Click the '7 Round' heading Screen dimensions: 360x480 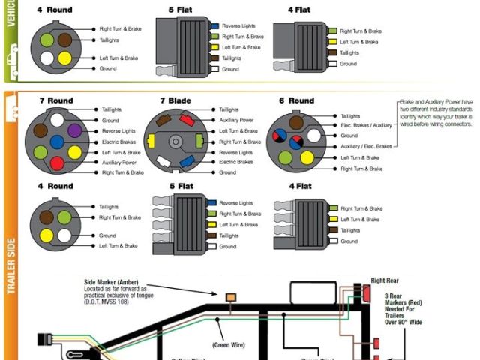click(56, 100)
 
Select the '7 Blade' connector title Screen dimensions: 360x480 click(175, 100)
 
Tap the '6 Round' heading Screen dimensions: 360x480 click(297, 100)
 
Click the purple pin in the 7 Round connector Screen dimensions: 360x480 click(74, 130)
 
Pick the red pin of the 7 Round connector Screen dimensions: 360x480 click(56, 163)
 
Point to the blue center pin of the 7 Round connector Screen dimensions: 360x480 click(56, 141)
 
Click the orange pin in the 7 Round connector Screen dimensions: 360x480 click(38, 152)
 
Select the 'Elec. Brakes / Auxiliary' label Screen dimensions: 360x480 click(366, 126)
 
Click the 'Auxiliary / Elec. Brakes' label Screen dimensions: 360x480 click(366, 146)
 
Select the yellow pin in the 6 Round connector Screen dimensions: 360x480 click(307, 157)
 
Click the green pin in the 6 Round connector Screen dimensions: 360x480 click(286, 157)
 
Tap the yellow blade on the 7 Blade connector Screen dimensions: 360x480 click(152, 140)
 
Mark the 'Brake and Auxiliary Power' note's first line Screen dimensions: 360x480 click(436, 101)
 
